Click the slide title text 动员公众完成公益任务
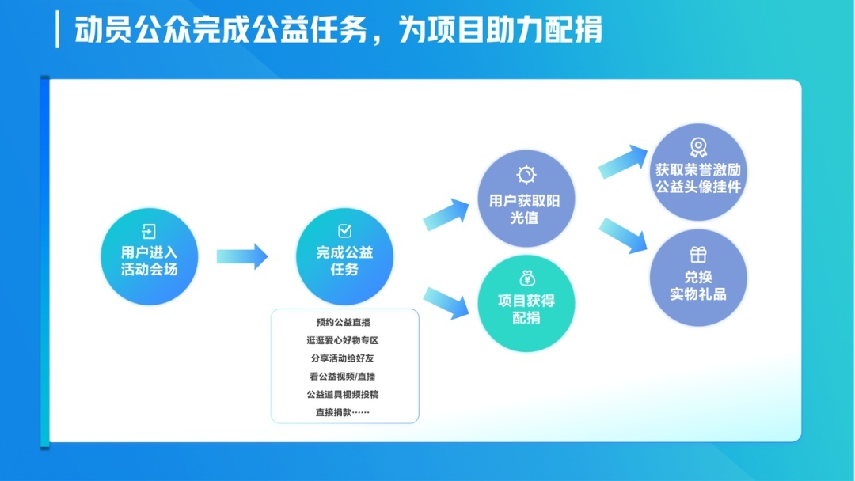click(x=221, y=29)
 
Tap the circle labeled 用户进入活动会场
click(x=150, y=256)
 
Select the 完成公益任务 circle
click(x=344, y=256)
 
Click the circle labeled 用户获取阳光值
click(x=526, y=199)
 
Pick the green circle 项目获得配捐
click(x=526, y=304)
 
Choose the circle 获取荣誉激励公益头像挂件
click(x=698, y=172)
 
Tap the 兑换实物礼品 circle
click(x=698, y=278)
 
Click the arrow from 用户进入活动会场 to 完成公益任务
click(x=242, y=256)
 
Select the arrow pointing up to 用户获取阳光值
click(x=446, y=214)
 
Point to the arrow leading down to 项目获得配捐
click(x=446, y=303)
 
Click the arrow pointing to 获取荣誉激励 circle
click(x=623, y=162)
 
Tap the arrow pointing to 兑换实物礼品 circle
click(x=623, y=236)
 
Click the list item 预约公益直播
click(x=343, y=323)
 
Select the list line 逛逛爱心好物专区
click(x=343, y=340)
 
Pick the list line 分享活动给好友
click(x=343, y=358)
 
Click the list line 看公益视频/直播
click(x=343, y=377)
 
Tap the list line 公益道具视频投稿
click(x=343, y=395)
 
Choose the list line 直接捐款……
click(x=343, y=412)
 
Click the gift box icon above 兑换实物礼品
click(x=698, y=255)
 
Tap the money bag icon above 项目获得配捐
click(x=526, y=278)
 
